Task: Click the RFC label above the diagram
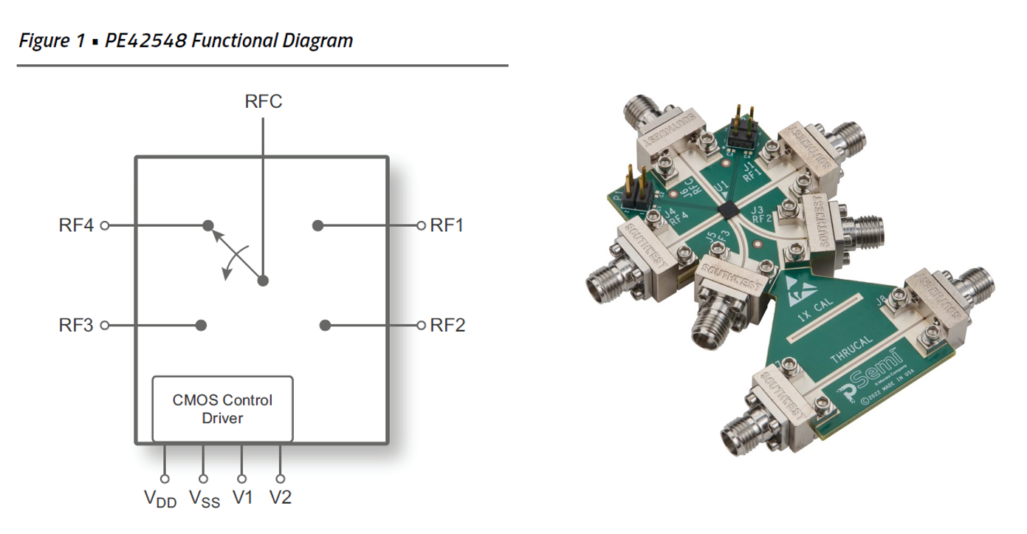[263, 101]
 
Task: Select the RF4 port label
[76, 225]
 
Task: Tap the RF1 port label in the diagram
[447, 225]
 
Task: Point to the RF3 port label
[76, 325]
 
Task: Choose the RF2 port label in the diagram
[447, 325]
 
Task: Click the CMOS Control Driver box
[222, 408]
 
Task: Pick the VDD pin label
[160, 499]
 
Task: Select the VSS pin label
[204, 499]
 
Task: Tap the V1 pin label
[243, 498]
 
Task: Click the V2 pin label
[281, 498]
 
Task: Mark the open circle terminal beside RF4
[104, 225]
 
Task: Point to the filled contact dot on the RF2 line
[325, 325]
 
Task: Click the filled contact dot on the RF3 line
[201, 325]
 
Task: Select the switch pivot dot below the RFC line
[262, 281]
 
